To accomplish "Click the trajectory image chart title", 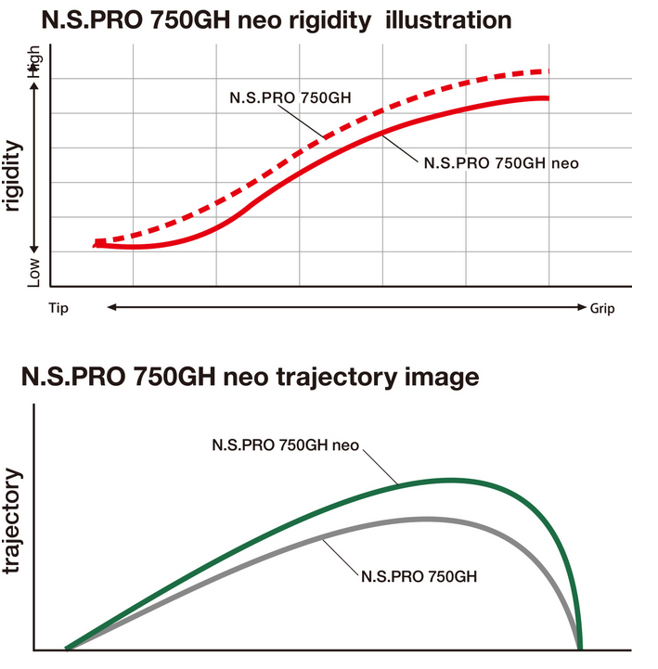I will point(250,378).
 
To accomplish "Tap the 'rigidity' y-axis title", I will point(12,177).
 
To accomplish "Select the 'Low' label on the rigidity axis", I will point(35,270).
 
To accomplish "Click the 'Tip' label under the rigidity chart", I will point(58,307).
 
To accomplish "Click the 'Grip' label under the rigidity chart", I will point(602,307).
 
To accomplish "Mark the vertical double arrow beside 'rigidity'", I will point(35,167).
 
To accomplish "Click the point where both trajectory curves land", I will point(580,648).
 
